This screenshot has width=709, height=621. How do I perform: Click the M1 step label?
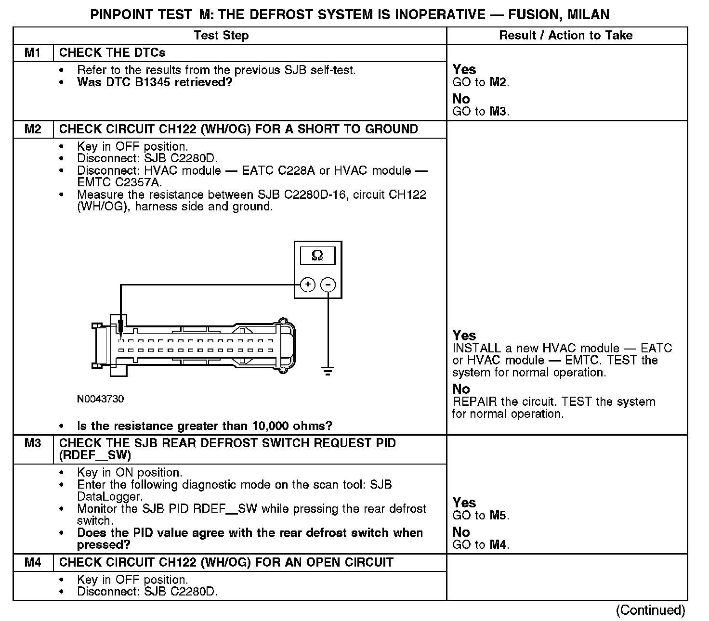click(x=32, y=52)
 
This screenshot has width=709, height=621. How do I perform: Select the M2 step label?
click(x=32, y=129)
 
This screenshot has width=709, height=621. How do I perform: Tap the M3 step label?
click(x=32, y=443)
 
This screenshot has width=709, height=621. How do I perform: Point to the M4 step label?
click(x=32, y=562)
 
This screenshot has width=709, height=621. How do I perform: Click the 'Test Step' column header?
click(x=221, y=35)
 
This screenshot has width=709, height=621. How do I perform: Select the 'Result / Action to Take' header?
click(x=566, y=35)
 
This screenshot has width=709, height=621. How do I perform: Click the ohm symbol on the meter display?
click(x=317, y=255)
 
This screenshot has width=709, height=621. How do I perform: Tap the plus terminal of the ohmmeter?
click(x=308, y=285)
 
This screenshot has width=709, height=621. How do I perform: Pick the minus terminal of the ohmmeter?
click(x=328, y=285)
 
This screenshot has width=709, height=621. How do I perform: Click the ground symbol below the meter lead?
click(x=328, y=371)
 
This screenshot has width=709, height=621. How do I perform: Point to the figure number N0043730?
click(x=100, y=399)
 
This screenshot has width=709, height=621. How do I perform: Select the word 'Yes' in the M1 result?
click(x=464, y=70)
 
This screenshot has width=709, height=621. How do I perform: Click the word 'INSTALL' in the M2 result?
click(x=475, y=349)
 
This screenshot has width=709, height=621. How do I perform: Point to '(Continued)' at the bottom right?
click(x=650, y=610)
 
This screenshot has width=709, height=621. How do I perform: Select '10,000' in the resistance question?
click(x=270, y=426)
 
